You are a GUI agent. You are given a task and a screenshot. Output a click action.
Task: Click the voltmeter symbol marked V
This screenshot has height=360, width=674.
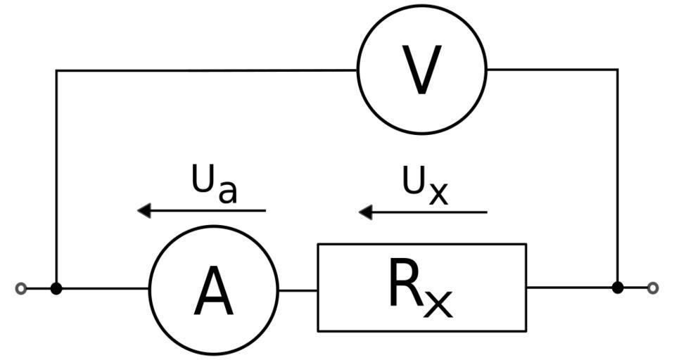pyautogui.click(x=421, y=70)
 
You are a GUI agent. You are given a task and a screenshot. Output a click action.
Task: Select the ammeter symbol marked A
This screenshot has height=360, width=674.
pyautogui.click(x=214, y=290)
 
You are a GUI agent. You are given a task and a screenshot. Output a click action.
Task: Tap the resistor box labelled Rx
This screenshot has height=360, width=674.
pyautogui.click(x=421, y=287)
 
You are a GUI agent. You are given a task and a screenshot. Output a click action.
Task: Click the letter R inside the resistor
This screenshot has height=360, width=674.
pyautogui.click(x=405, y=283)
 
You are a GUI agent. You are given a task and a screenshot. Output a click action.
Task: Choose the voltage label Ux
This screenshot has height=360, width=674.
pyautogui.click(x=425, y=184)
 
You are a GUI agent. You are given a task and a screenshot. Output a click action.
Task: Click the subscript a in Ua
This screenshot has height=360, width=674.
pyautogui.click(x=227, y=191)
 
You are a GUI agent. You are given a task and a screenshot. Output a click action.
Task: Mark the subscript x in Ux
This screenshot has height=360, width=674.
pyautogui.click(x=438, y=193)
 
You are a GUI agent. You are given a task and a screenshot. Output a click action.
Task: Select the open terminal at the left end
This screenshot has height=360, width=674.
pyautogui.click(x=21, y=288)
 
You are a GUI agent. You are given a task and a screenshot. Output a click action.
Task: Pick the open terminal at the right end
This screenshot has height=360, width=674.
pyautogui.click(x=653, y=288)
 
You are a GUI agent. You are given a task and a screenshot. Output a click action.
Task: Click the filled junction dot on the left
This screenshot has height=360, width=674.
pyautogui.click(x=56, y=288)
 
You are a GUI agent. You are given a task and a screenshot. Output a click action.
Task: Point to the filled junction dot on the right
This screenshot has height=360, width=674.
pyautogui.click(x=618, y=288)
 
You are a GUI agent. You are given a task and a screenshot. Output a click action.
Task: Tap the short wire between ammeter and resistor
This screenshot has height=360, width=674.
pyautogui.click(x=298, y=290)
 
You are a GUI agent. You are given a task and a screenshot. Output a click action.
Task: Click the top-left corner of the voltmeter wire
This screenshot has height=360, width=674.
pyautogui.click(x=56, y=70)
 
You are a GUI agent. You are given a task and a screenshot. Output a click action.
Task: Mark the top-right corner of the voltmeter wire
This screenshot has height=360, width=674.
pyautogui.click(x=618, y=70)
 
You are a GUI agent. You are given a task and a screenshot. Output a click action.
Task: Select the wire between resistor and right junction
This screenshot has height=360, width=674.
pyautogui.click(x=571, y=288)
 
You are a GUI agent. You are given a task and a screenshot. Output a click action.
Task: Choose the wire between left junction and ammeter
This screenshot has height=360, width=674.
pyautogui.click(x=103, y=288)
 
